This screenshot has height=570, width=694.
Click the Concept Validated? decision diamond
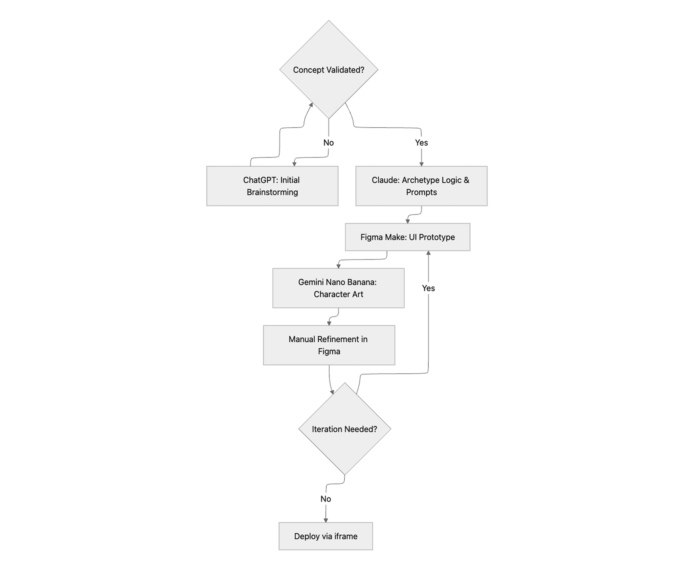pyautogui.click(x=329, y=70)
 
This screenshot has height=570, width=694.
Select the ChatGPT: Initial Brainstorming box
pyautogui.click(x=272, y=186)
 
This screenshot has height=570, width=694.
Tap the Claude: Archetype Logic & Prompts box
pyautogui.click(x=421, y=186)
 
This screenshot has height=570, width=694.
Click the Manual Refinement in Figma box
pyautogui.click(x=329, y=345)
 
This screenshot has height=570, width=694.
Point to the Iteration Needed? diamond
pyautogui.click(x=344, y=429)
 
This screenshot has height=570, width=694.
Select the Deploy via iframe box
pyautogui.click(x=326, y=536)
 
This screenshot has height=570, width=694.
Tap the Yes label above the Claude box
pyautogui.click(x=421, y=142)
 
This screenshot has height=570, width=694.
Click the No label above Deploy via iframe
pyautogui.click(x=326, y=499)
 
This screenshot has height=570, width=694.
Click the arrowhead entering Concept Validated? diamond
pyautogui.click(x=311, y=105)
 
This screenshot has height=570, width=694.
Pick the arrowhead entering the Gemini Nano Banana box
pyautogui.click(x=338, y=266)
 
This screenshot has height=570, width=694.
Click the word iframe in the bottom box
pyautogui.click(x=346, y=536)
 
